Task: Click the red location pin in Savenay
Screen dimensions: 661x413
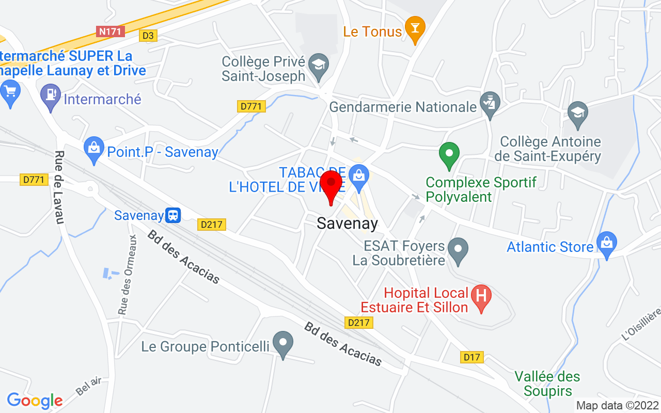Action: pyautogui.click(x=331, y=186)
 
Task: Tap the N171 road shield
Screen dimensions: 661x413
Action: pyautogui.click(x=111, y=31)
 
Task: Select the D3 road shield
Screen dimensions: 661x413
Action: pyautogui.click(x=148, y=36)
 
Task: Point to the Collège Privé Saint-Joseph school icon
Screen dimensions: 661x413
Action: pyautogui.click(x=319, y=66)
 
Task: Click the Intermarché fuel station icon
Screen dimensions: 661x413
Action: pyautogui.click(x=51, y=96)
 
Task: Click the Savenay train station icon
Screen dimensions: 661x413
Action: pyautogui.click(x=173, y=215)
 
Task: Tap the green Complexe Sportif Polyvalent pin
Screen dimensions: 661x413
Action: pyautogui.click(x=449, y=154)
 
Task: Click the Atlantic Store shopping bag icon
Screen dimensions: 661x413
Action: pyautogui.click(x=606, y=244)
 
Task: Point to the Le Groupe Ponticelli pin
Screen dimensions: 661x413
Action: pyautogui.click(x=282, y=343)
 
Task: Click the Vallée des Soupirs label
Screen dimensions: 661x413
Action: pyautogui.click(x=547, y=384)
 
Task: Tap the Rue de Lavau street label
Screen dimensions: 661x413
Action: pyautogui.click(x=59, y=187)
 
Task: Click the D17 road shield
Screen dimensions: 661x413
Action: pyautogui.click(x=472, y=357)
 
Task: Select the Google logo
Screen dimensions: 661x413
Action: pyautogui.click(x=35, y=400)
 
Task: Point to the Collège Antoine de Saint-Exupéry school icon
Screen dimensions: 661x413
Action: pyautogui.click(x=577, y=113)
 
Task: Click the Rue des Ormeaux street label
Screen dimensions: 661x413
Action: pyautogui.click(x=127, y=275)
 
